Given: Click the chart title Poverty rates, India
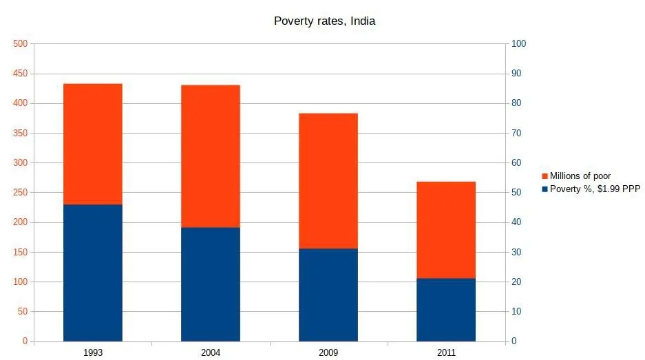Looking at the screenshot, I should [324, 21].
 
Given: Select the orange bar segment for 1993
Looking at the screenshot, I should [92, 144].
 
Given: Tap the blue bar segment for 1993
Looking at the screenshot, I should [92, 273].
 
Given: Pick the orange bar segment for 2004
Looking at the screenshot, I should [211, 156].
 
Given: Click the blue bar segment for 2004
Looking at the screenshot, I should [211, 284].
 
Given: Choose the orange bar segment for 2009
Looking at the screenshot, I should [328, 180].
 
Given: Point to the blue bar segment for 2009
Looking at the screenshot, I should [328, 295].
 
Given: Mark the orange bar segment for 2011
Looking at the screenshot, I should [446, 230].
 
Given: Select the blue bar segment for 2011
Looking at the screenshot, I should [446, 310].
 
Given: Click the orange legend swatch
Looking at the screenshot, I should [544, 176].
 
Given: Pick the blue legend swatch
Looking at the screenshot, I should [544, 189].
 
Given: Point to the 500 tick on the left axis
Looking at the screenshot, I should [20, 44].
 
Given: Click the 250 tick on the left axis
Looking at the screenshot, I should [20, 193].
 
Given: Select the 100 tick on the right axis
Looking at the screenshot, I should [518, 44].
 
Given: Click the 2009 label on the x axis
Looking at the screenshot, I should [328, 352].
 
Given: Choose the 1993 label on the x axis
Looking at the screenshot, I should [92, 352].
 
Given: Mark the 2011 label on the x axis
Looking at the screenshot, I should [446, 352].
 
